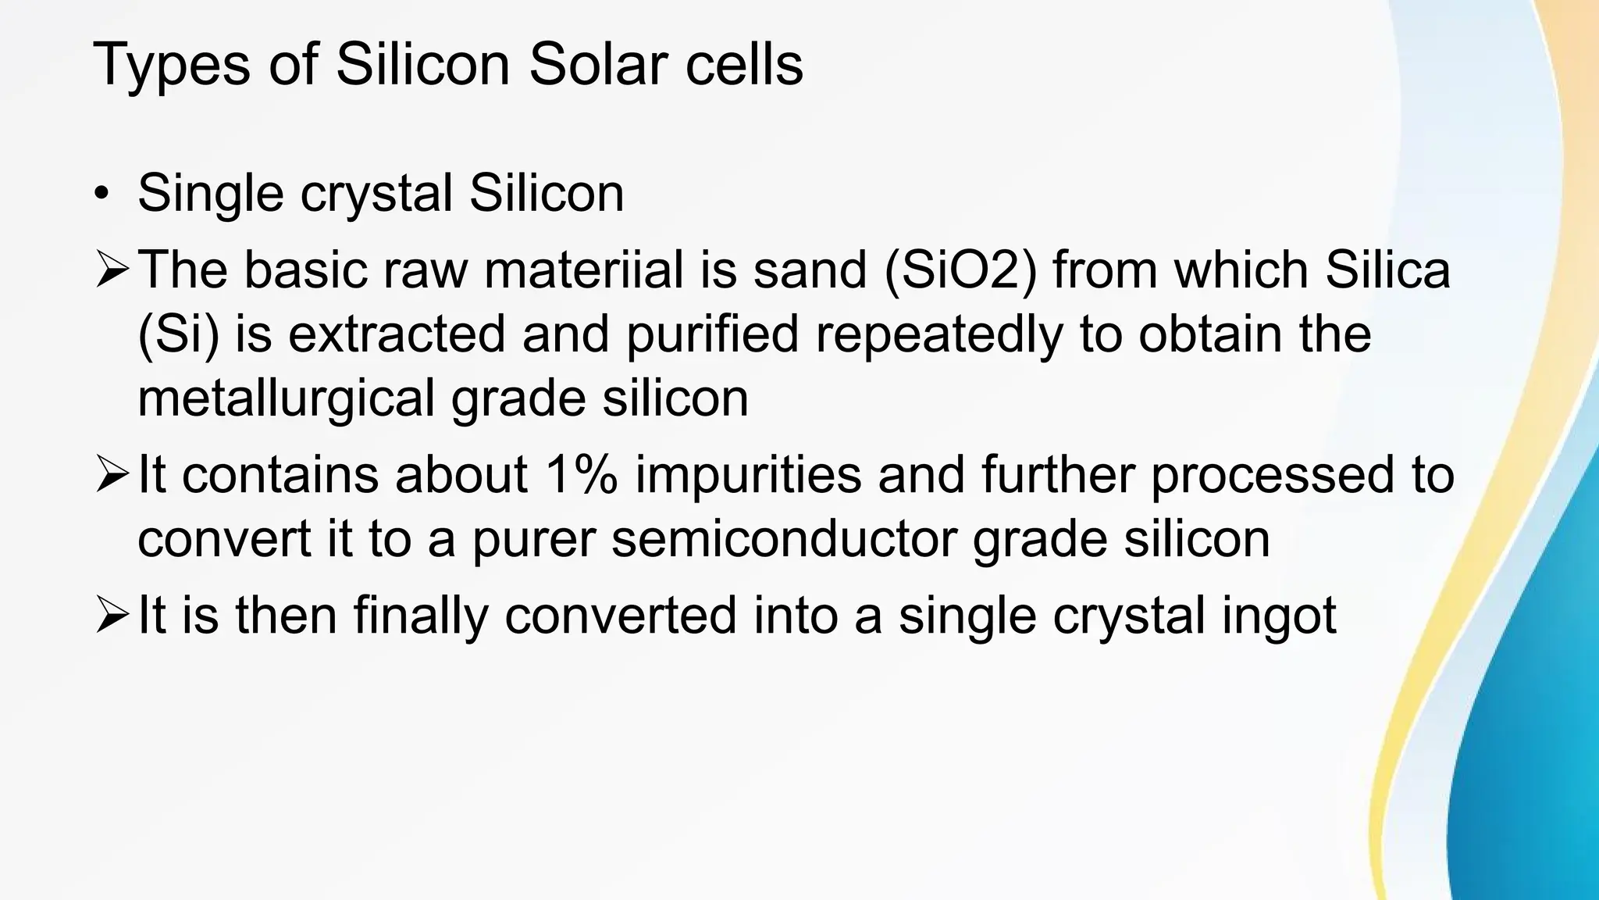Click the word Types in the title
[172, 66]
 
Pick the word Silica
[1387, 270]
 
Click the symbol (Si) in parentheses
[178, 334]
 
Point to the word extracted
[397, 334]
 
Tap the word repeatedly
[939, 334]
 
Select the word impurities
[748, 475]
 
